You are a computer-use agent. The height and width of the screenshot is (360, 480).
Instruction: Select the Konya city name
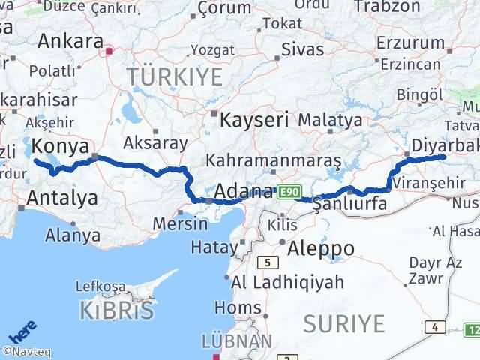point(61,146)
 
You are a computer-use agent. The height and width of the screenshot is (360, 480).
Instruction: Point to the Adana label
point(244,192)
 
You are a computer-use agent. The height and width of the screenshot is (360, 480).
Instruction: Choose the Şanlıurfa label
point(349,203)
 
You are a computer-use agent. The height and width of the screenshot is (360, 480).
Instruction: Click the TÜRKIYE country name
point(175,76)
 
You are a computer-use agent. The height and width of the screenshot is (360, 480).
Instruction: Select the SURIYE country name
point(344,324)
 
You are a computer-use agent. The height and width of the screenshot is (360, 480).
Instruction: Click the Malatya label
point(330,119)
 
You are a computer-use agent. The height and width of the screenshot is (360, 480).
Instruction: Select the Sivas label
point(303,49)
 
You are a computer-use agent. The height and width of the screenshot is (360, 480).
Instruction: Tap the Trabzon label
point(387,7)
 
